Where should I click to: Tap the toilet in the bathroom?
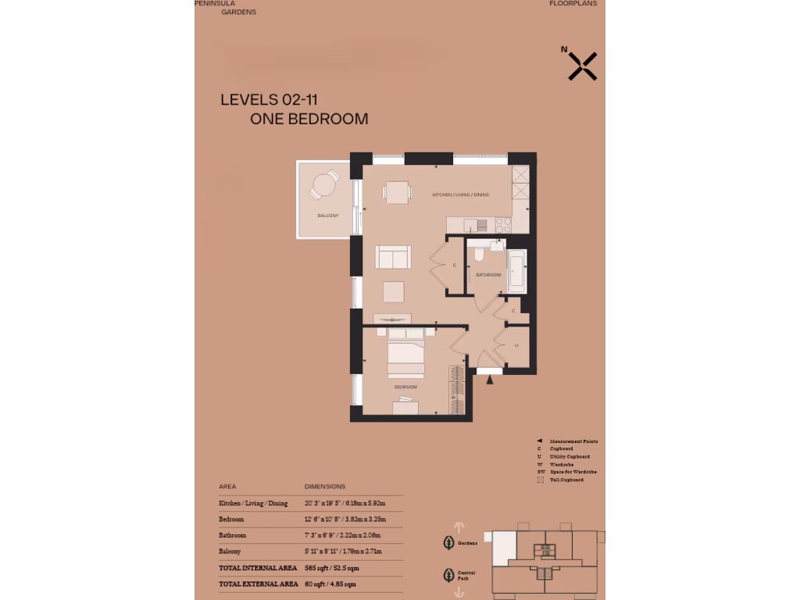pos(480,255)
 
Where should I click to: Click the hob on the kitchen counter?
pos(502,224)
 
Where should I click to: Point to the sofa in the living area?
pos(394,257)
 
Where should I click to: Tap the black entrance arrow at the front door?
pos(491,380)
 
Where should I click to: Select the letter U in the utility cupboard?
pos(517,344)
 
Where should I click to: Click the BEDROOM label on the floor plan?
pos(405,387)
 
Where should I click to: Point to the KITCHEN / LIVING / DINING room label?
pos(461,195)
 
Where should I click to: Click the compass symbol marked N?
pos(582,66)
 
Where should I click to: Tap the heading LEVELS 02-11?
pos(269,99)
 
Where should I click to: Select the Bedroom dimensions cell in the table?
pos(345,519)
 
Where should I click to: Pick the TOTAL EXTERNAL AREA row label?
pos(258,584)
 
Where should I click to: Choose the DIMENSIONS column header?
pos(324,486)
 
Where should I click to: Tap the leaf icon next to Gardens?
pos(448,542)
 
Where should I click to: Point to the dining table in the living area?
pos(396,191)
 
